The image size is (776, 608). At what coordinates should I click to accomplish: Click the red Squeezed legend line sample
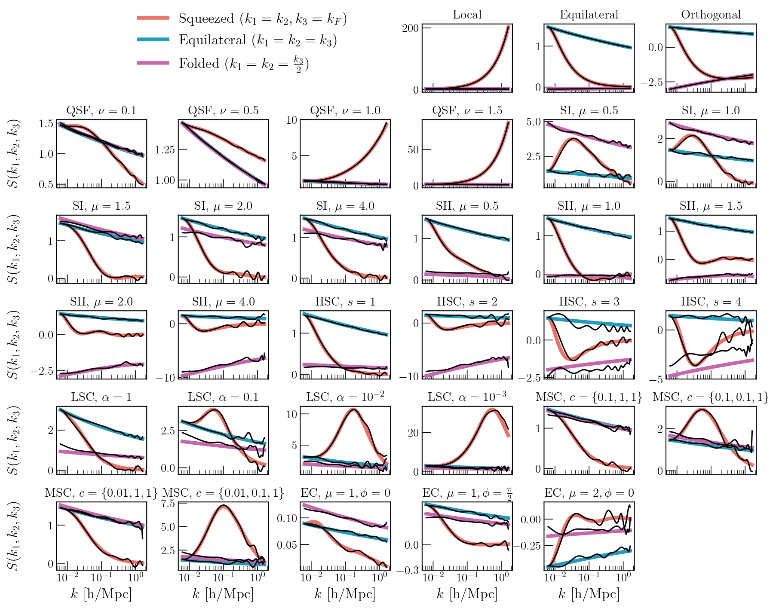point(153,18)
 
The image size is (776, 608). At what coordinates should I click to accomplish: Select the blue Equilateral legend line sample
point(153,40)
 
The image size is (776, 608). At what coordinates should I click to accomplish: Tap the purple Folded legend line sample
point(153,63)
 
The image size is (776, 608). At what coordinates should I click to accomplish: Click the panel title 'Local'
point(467,15)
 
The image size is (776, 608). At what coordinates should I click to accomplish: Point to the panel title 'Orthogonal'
point(711,15)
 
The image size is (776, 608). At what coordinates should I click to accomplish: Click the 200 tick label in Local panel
point(410,28)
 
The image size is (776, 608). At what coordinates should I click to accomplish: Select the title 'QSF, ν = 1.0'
point(345,110)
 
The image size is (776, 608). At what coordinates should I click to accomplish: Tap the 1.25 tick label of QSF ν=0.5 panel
point(165,150)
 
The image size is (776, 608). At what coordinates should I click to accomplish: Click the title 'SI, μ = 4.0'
point(345,206)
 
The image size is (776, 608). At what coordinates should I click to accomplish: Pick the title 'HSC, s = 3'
point(589,302)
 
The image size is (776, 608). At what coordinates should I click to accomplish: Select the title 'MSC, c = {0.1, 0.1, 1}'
point(711,397)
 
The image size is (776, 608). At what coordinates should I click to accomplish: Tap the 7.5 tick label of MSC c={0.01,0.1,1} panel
point(168,503)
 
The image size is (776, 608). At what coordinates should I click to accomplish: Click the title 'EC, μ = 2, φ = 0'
point(589,493)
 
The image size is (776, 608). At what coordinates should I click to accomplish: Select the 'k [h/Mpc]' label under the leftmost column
point(101,594)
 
